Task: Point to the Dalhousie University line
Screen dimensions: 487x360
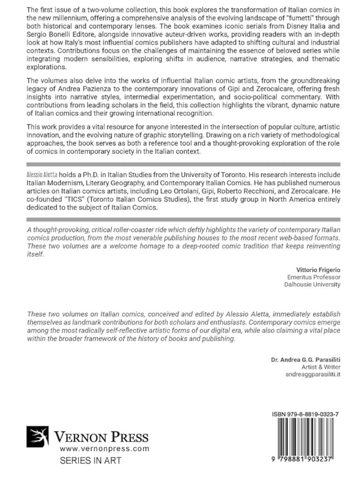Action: (x=312, y=285)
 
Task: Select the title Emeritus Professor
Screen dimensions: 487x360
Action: (x=314, y=277)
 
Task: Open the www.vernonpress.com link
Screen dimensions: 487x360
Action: (x=104, y=449)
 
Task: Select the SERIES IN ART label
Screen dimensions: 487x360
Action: (x=91, y=461)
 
